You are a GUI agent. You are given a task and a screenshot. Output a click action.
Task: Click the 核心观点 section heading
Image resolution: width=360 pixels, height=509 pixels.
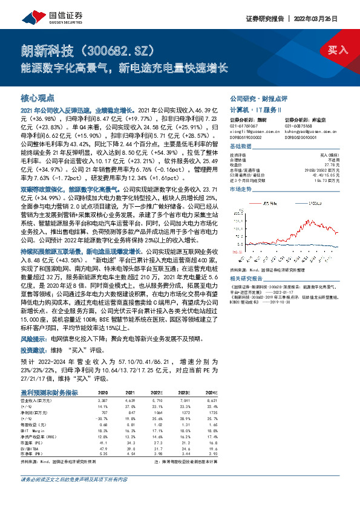coord(38,97)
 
